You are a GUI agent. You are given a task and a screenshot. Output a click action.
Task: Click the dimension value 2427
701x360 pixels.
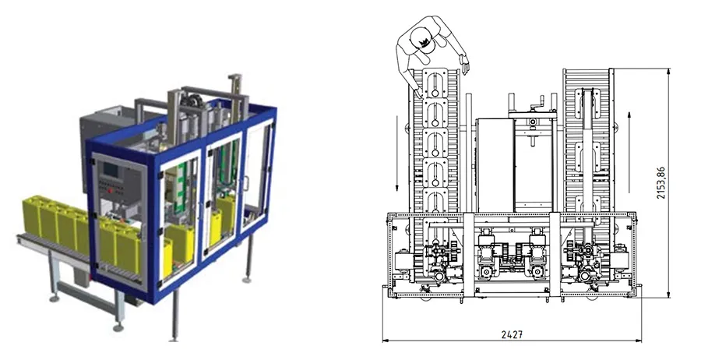512,334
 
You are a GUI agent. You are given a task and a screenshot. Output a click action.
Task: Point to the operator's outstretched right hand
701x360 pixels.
465,65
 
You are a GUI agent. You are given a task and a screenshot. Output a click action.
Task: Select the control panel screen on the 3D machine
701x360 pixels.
111,171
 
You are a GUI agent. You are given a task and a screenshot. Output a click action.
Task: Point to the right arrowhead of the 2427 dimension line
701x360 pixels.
639,341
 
